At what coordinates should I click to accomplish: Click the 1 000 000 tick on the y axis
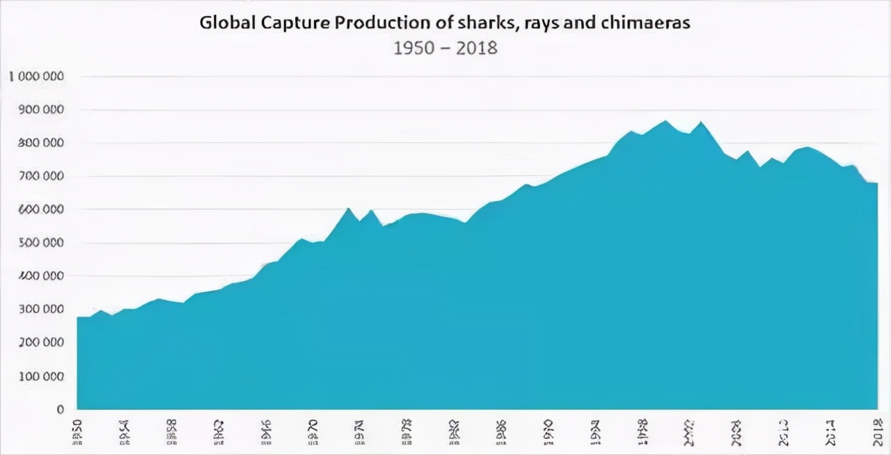37,77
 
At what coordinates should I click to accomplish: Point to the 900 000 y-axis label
41,110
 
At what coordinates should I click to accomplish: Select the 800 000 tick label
41,143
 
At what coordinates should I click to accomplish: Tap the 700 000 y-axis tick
41,177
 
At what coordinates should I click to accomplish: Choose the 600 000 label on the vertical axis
41,209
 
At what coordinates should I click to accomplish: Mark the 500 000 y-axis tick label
41,243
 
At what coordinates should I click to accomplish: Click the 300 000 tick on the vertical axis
41,310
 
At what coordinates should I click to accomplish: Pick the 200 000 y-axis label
41,343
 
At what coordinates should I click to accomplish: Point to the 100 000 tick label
41,376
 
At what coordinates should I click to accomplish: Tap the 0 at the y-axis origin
61,409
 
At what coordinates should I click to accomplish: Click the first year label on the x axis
78,431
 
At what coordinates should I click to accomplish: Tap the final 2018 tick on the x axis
876,431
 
